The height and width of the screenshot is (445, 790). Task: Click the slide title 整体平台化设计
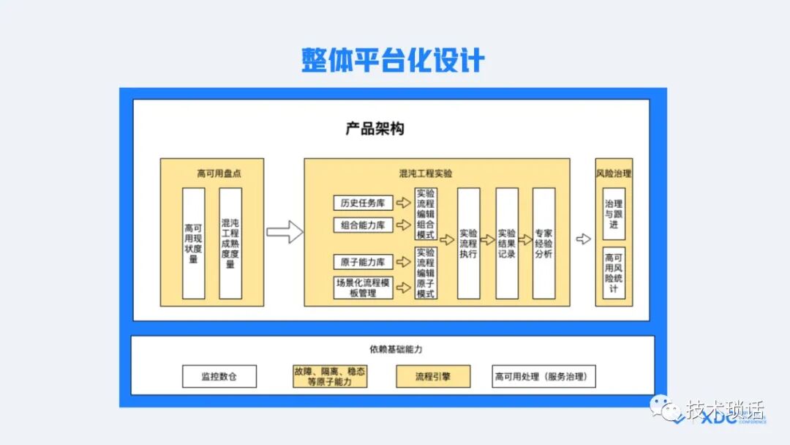pyautogui.click(x=393, y=60)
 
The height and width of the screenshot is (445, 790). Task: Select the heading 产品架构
pyautogui.click(x=375, y=129)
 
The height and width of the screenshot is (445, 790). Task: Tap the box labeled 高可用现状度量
pyautogui.click(x=193, y=243)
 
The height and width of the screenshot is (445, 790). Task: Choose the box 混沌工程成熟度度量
pyautogui.click(x=230, y=243)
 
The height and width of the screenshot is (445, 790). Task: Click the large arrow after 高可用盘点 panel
pyautogui.click(x=285, y=232)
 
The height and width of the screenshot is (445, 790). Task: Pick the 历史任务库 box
pyautogui.click(x=363, y=203)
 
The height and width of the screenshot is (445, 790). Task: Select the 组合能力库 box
pyautogui.click(x=363, y=225)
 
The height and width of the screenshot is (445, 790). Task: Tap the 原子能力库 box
pyautogui.click(x=363, y=261)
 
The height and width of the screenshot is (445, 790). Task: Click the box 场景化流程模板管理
pyautogui.click(x=363, y=287)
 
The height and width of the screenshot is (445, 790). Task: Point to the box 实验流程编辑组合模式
pyautogui.click(x=426, y=214)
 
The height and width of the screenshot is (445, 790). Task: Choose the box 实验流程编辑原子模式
pyautogui.click(x=426, y=273)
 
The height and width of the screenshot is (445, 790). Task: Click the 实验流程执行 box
pyautogui.click(x=469, y=243)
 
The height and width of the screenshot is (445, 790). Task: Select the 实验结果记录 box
pyautogui.click(x=506, y=243)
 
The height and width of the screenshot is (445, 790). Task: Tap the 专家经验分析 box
pyautogui.click(x=543, y=243)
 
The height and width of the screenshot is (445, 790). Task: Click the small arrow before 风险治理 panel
pyautogui.click(x=583, y=239)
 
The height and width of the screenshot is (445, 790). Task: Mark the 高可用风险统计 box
pyautogui.click(x=614, y=273)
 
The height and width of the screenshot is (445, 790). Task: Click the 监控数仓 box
pyautogui.click(x=219, y=377)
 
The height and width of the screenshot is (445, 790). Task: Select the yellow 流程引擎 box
pyautogui.click(x=433, y=377)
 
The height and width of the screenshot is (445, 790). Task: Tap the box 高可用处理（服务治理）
pyautogui.click(x=544, y=377)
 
